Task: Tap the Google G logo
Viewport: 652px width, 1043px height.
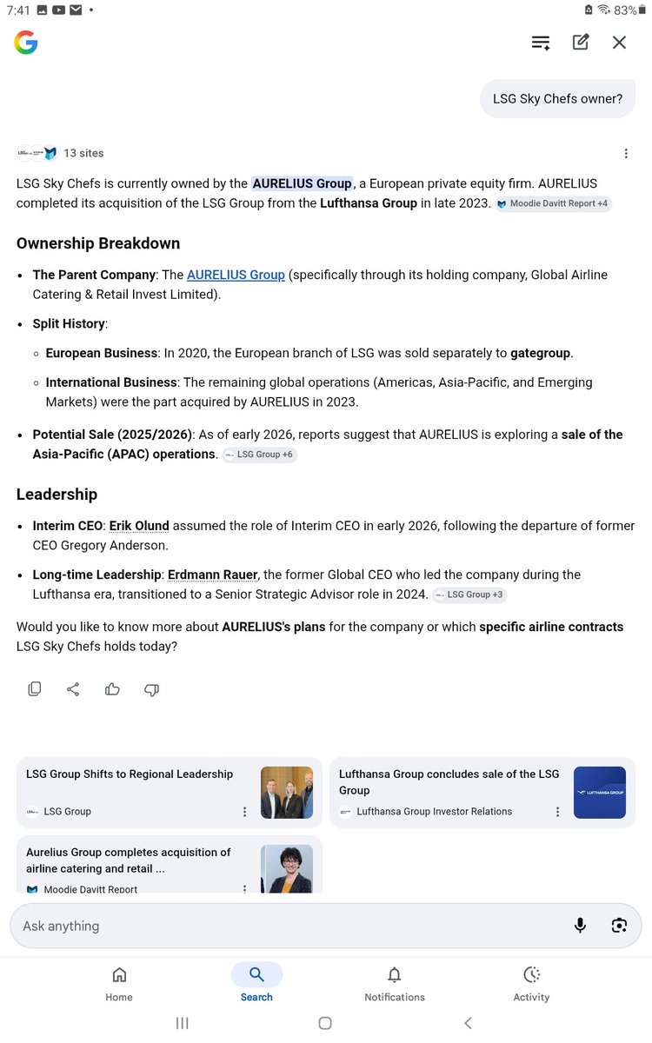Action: click(26, 43)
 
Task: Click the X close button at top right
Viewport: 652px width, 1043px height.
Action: click(619, 43)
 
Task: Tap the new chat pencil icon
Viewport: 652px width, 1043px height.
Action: click(581, 43)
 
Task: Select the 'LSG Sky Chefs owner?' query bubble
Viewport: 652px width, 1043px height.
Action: click(557, 98)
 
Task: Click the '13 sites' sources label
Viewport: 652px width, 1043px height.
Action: click(83, 153)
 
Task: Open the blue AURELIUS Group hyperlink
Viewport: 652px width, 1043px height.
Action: click(236, 275)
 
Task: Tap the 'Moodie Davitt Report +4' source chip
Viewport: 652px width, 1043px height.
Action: click(554, 203)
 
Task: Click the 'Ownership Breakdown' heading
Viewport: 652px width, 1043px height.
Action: click(98, 243)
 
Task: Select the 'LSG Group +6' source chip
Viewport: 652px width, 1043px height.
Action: click(260, 455)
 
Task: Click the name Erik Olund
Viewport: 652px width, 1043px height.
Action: click(139, 526)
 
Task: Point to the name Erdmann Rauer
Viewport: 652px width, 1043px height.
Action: click(212, 575)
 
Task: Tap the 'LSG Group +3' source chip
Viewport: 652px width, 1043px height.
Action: click(469, 595)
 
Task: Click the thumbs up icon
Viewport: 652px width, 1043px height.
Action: click(112, 689)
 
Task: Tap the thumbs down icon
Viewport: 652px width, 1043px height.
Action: click(151, 689)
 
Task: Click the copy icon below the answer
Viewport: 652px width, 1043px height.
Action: click(35, 689)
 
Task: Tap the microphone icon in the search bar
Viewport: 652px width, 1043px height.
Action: click(580, 926)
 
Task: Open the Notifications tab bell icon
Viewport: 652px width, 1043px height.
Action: click(395, 974)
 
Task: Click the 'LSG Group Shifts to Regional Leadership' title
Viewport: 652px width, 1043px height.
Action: click(130, 774)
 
